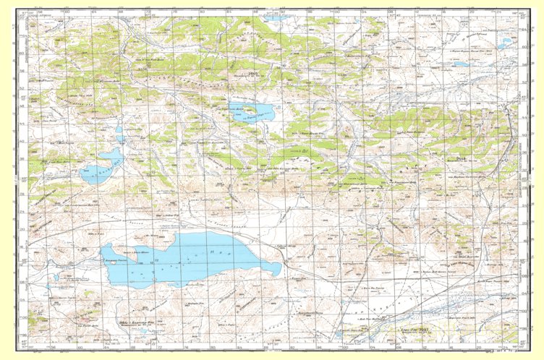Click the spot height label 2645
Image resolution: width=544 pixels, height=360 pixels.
pos(253,74)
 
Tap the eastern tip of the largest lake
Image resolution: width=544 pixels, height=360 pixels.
pos(280,269)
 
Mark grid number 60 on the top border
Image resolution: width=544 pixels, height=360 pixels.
pos(67,12)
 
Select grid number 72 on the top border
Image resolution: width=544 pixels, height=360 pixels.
pos(148,12)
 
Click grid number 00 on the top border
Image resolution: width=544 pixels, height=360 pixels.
pos(336,12)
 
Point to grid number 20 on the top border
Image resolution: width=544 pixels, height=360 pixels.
pos(472,12)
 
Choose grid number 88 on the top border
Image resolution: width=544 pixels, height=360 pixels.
pos(255,12)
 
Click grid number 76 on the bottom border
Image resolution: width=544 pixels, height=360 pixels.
pos(174,347)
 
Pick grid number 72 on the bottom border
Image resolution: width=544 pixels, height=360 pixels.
pos(148,347)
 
